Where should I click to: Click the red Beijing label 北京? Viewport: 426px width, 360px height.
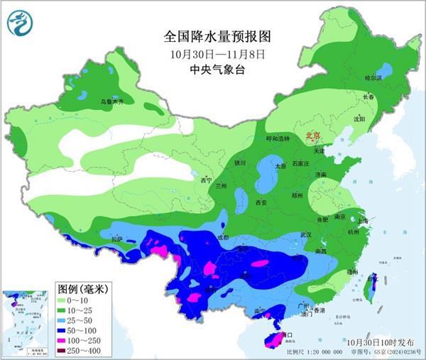click(x=312, y=133)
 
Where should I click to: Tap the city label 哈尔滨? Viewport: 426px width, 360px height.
click(x=373, y=77)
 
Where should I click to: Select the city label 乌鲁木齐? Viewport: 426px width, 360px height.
click(x=111, y=103)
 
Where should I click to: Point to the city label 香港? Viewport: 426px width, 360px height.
click(x=319, y=310)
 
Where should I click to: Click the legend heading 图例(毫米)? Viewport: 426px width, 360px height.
click(x=82, y=289)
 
